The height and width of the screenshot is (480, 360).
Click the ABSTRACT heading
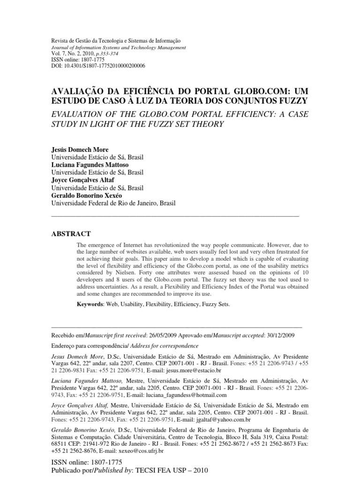coord(70,233)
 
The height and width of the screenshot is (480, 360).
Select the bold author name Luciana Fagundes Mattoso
coord(89,165)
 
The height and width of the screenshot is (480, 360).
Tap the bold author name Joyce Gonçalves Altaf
coord(83,180)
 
